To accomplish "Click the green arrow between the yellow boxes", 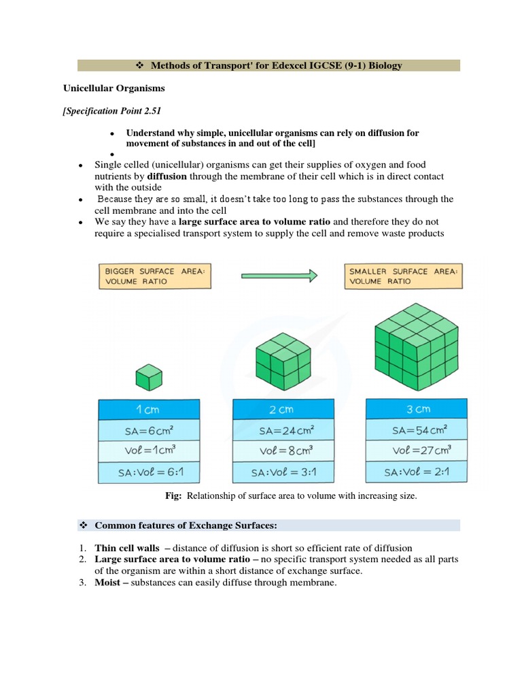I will [x=279, y=276].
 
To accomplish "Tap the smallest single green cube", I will [x=149, y=376].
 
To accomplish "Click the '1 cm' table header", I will [x=149, y=410].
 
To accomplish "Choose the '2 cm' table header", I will [x=283, y=410].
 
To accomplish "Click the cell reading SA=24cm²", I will [x=283, y=430].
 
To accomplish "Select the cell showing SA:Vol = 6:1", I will [x=149, y=472].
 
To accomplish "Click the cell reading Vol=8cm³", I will [x=283, y=451].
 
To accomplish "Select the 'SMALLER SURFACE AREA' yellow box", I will [x=403, y=276].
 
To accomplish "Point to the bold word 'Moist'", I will [x=109, y=583].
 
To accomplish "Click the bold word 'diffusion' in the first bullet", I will [x=167, y=176].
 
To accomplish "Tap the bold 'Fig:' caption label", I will [x=173, y=496].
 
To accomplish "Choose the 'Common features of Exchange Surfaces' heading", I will [x=187, y=525].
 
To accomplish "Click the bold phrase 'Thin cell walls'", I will [x=127, y=548].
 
